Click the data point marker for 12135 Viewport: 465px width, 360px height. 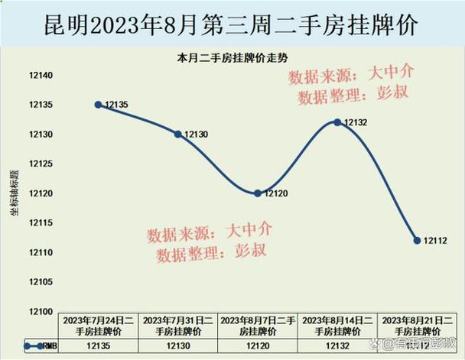[99, 104]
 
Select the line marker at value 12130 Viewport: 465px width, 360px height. [178, 134]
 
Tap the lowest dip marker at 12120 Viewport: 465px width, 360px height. [258, 193]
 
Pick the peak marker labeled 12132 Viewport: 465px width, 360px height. [337, 122]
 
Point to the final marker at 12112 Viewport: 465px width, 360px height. [417, 240]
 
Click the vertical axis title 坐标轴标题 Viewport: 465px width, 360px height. [14, 193]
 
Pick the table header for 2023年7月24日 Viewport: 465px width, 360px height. [99, 326]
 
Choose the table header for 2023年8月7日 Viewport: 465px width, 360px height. [258, 326]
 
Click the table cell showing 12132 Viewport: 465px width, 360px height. [337, 345]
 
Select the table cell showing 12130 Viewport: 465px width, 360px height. [178, 345]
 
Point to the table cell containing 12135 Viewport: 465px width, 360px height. [99, 345]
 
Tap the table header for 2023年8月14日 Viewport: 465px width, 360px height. [337, 326]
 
